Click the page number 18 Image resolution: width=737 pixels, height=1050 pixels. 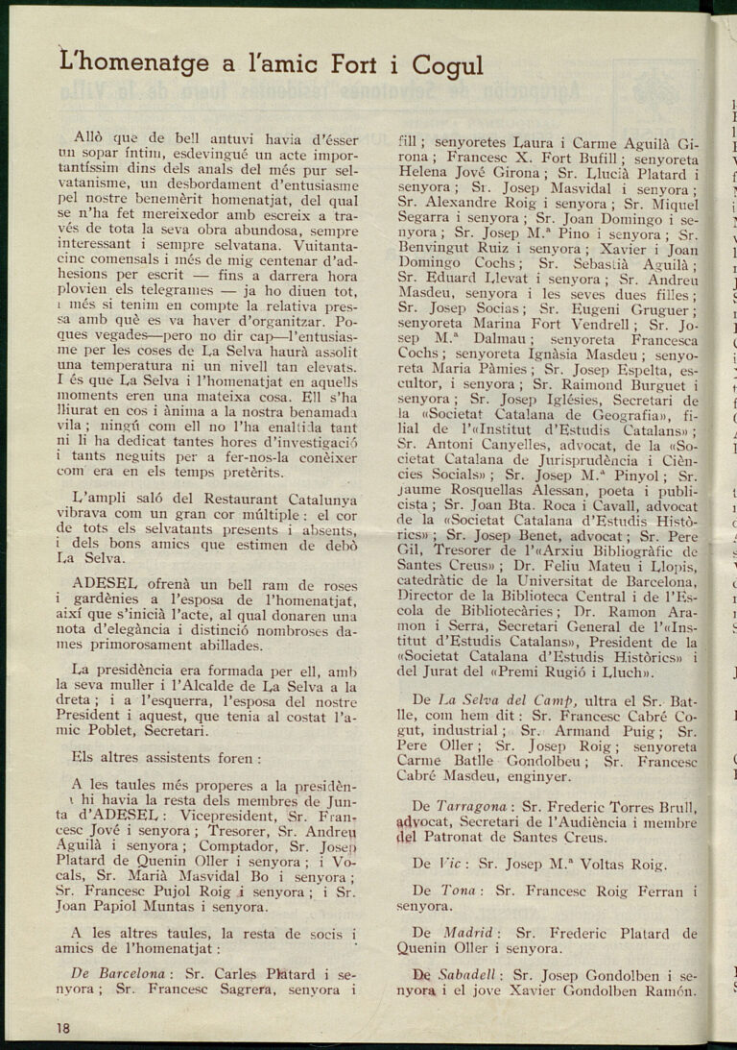pyautogui.click(x=62, y=1027)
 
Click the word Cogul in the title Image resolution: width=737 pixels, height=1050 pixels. pyautogui.click(x=447, y=65)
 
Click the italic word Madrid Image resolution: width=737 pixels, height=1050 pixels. pyautogui.click(x=469, y=932)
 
